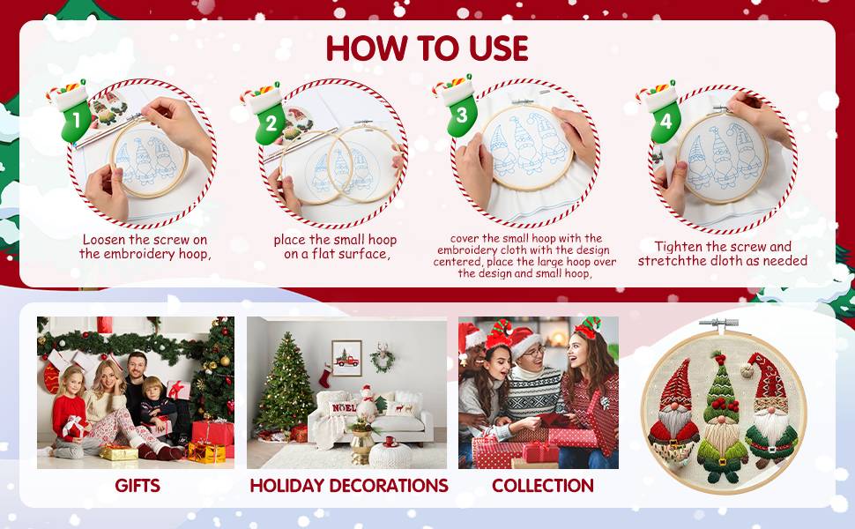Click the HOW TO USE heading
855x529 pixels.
coord(427,48)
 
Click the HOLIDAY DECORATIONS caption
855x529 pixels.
coord(349,485)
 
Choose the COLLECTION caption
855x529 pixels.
coord(542,485)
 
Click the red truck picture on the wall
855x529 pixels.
coord(346,358)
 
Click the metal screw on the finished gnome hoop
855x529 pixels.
coord(719,324)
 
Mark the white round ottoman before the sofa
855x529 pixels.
coord(389,455)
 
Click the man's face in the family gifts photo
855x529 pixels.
coord(136,363)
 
